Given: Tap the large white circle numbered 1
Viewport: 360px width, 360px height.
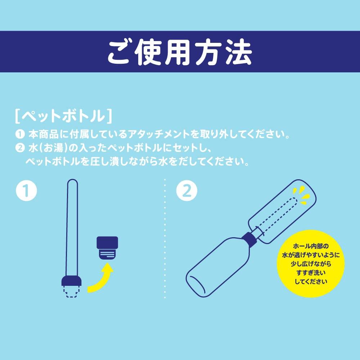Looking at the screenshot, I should (x=27, y=191).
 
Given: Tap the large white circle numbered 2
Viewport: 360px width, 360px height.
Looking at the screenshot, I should (x=187, y=191).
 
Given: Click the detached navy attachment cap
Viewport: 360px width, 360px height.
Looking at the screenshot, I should (x=107, y=247).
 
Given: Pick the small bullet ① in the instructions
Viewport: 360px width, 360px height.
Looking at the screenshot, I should (x=19, y=135).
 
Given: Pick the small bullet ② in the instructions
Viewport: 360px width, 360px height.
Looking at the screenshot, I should (x=19, y=148).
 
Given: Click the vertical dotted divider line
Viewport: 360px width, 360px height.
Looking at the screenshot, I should (x=165, y=238).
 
